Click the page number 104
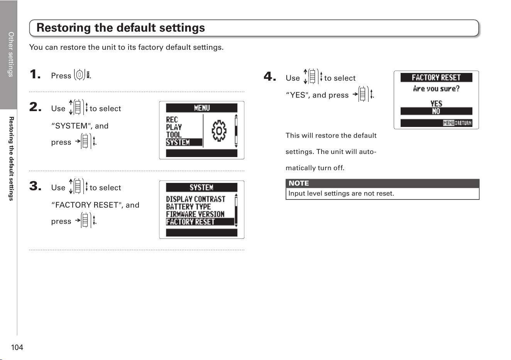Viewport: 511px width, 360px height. click(x=17, y=347)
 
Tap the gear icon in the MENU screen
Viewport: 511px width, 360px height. click(x=219, y=131)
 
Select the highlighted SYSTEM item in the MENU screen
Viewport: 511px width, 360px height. click(x=184, y=142)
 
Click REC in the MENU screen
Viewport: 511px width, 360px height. click(x=172, y=120)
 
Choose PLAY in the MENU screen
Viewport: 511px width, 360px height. click(x=174, y=127)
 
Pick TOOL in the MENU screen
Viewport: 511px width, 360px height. click(x=174, y=135)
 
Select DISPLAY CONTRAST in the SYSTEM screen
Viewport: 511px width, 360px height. click(x=196, y=199)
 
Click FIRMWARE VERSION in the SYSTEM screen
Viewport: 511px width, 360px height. click(x=195, y=214)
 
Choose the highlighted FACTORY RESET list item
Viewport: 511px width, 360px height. click(x=200, y=221)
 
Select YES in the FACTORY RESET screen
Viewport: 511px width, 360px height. click(x=436, y=103)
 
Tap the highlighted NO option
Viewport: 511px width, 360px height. click(x=436, y=111)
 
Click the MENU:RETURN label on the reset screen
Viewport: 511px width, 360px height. click(x=457, y=123)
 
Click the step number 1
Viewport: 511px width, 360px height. click(x=35, y=74)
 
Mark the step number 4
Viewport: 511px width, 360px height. click(x=270, y=76)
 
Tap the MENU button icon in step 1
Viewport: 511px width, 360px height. click(x=82, y=74)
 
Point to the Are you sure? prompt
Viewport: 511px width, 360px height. click(x=436, y=88)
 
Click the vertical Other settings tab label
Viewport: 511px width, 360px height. click(x=11, y=54)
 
